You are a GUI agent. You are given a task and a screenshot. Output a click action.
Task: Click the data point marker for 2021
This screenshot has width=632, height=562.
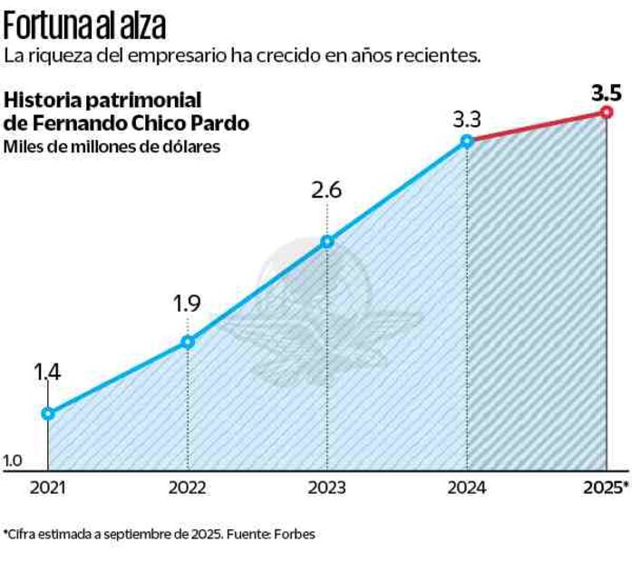[48, 413]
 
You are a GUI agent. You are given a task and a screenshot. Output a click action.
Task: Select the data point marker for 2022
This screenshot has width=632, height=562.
[188, 342]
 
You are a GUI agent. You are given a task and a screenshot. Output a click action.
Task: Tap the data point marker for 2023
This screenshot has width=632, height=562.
[327, 241]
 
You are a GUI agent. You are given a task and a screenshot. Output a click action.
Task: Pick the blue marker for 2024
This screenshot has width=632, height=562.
[467, 140]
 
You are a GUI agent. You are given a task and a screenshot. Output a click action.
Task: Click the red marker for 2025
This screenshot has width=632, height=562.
[607, 112]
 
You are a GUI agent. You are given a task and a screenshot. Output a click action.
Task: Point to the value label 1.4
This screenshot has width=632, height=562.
[47, 373]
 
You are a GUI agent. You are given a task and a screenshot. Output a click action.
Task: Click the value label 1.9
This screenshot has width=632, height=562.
[187, 304]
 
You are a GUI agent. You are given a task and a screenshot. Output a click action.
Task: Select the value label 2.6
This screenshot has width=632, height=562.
[327, 191]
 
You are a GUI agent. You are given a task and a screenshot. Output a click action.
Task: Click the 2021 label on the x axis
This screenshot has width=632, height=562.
[47, 488]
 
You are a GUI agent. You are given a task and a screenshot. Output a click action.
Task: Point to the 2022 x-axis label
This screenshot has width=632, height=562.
[188, 488]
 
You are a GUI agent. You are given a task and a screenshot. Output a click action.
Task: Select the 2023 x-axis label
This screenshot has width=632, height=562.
[327, 488]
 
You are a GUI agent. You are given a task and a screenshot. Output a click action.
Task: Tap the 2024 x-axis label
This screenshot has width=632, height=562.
[467, 488]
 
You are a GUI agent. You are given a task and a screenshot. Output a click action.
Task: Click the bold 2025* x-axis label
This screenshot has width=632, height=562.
[605, 488]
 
